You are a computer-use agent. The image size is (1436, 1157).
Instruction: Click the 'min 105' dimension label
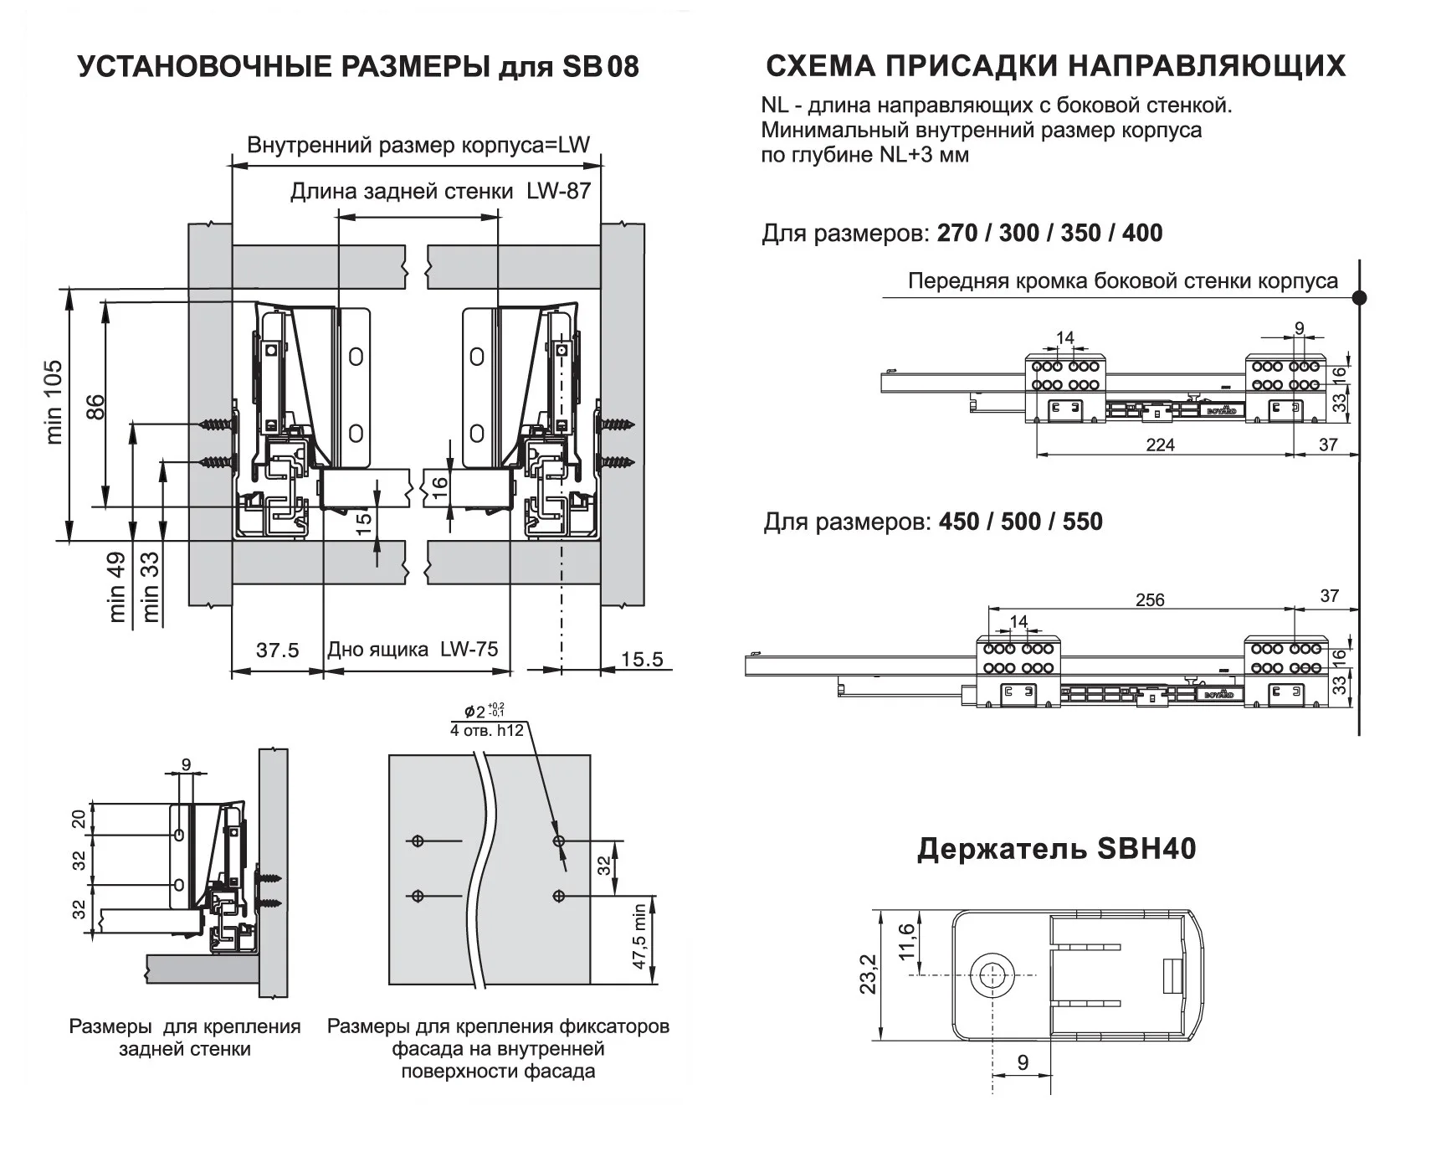(x=54, y=401)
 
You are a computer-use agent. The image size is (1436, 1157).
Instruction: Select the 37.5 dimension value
(x=277, y=650)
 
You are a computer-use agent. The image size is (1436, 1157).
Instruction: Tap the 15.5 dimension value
(x=642, y=660)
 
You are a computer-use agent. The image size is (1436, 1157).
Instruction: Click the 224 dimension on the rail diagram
(x=1160, y=445)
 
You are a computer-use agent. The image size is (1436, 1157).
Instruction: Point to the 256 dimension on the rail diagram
(x=1150, y=599)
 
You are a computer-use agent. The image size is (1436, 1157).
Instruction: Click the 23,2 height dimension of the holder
(x=868, y=974)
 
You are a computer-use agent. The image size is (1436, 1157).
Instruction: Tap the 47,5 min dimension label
(x=639, y=936)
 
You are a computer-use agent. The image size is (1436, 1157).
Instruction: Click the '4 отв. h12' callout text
(x=486, y=730)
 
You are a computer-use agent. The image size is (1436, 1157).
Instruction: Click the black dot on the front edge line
(x=1360, y=297)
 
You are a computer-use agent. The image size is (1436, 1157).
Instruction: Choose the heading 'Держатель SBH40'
(x=1056, y=849)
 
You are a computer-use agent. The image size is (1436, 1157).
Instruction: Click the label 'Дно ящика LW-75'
(x=413, y=650)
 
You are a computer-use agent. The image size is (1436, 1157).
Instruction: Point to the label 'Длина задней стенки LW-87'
(x=440, y=192)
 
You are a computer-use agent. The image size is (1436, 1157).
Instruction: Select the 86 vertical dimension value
(x=96, y=407)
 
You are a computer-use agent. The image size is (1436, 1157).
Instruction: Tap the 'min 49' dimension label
(x=116, y=586)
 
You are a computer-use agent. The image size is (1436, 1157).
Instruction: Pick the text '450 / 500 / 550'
(x=1020, y=522)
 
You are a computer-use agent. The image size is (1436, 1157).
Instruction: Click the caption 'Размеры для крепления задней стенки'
(x=185, y=1037)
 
